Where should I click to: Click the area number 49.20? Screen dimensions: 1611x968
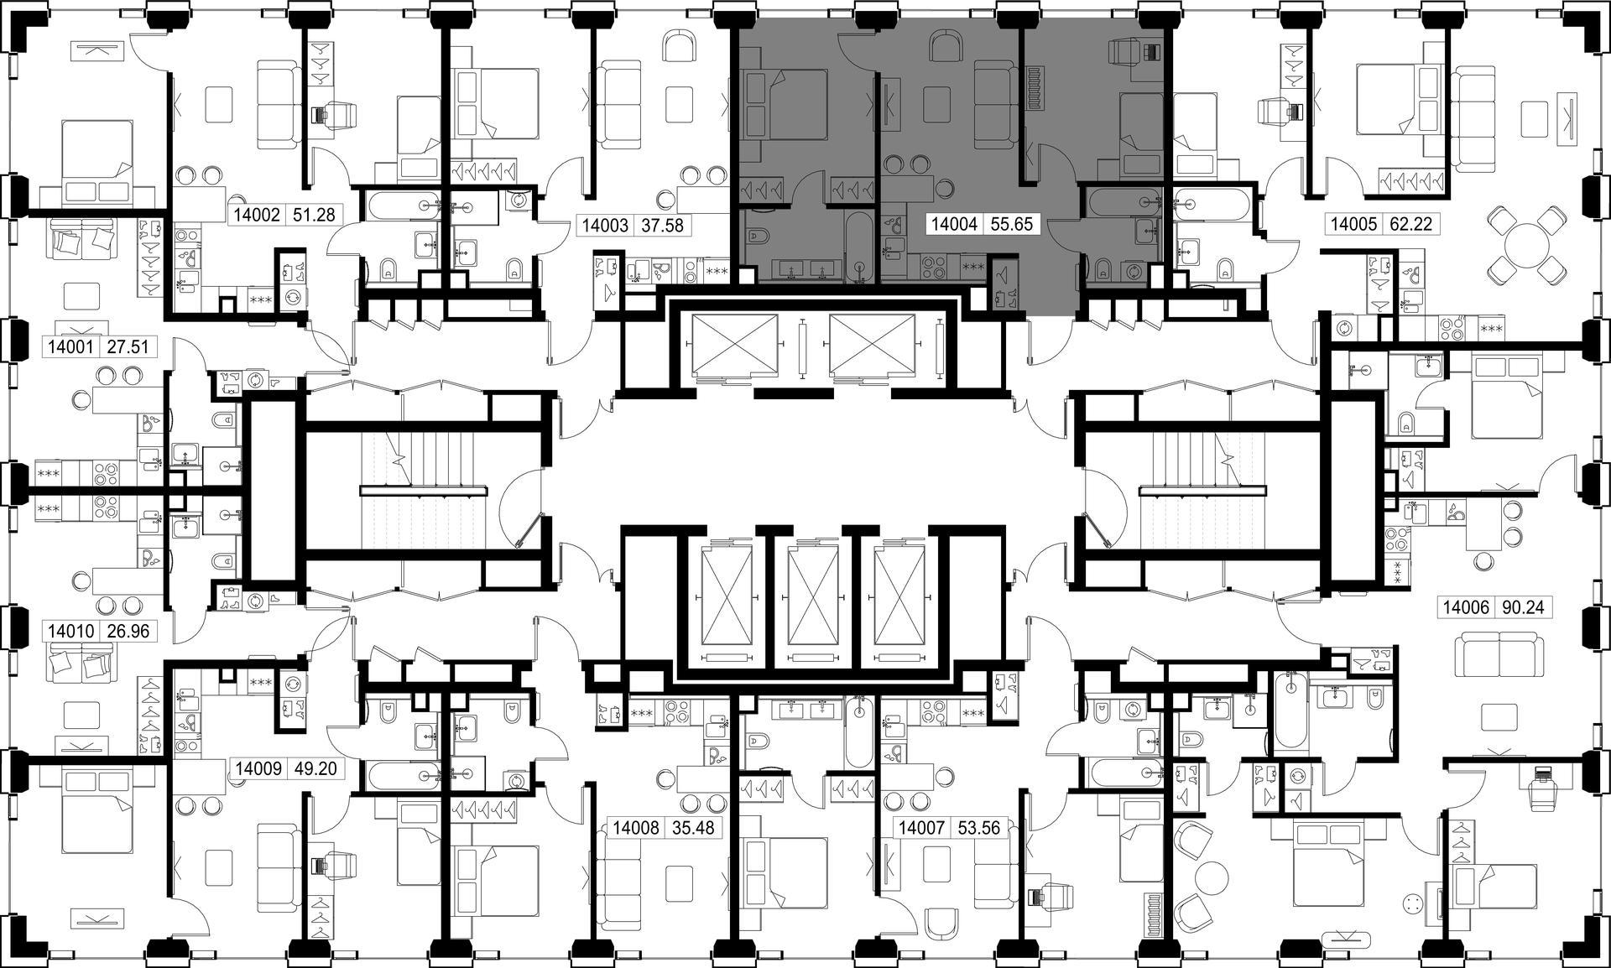tap(314, 768)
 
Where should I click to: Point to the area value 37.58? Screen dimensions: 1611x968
tap(662, 225)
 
